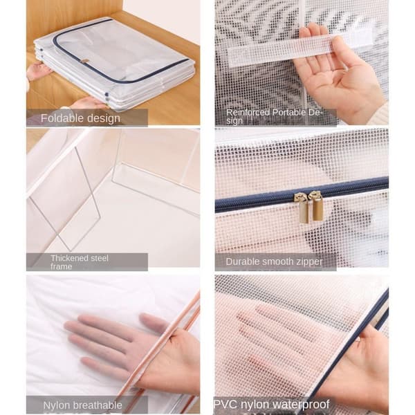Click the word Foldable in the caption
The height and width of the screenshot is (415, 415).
pyautogui.click(x=62, y=118)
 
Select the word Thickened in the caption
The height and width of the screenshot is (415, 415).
pyautogui.click(x=68, y=258)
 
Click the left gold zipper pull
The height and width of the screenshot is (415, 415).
pyautogui.click(x=303, y=208)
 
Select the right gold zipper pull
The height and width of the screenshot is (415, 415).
pyautogui.click(x=316, y=206)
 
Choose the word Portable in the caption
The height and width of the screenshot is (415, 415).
pyautogui.click(x=289, y=113)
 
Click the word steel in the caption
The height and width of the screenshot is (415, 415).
pyautogui.click(x=99, y=258)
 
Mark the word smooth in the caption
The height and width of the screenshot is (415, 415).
pyautogui.click(x=275, y=261)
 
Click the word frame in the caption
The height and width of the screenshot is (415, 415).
pyautogui.click(x=62, y=266)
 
